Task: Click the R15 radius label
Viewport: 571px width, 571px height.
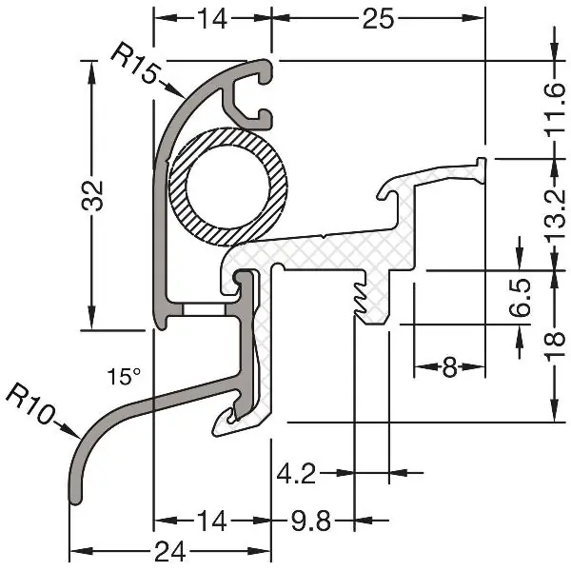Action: (135, 63)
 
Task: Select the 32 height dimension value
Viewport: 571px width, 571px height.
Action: (92, 195)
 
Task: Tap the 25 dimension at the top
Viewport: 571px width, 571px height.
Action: (378, 19)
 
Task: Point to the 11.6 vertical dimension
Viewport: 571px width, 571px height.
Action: (555, 110)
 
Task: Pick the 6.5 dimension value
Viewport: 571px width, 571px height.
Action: (519, 298)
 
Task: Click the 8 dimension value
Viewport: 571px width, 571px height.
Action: (449, 367)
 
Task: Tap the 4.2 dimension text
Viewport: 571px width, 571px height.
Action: (296, 474)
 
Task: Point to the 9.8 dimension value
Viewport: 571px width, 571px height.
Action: (310, 521)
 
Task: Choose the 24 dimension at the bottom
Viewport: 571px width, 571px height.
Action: (170, 552)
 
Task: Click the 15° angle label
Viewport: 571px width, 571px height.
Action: (124, 376)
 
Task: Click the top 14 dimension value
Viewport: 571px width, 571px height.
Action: (212, 19)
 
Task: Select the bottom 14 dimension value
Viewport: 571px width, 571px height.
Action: (212, 521)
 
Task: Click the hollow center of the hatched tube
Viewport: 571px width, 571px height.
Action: (227, 187)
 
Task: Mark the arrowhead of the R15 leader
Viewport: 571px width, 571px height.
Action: (179, 93)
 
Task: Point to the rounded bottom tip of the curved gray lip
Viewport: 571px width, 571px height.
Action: (76, 500)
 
